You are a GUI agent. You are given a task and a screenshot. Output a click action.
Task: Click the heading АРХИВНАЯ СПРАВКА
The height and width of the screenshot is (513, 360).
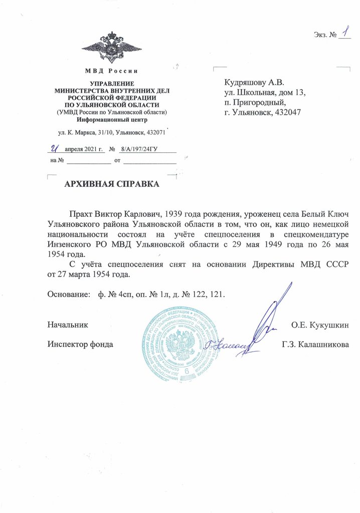(x=112, y=184)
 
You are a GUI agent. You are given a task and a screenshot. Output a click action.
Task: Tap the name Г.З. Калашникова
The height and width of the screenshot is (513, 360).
(x=315, y=345)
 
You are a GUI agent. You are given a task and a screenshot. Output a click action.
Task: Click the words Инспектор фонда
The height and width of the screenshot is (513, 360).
(x=80, y=345)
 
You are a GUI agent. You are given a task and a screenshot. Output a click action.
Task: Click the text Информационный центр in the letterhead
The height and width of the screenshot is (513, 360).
(x=112, y=120)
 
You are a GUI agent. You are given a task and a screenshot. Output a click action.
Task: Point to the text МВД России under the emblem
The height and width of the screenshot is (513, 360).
(x=112, y=71)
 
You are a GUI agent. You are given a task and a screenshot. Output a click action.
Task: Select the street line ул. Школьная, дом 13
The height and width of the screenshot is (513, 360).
(x=265, y=92)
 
